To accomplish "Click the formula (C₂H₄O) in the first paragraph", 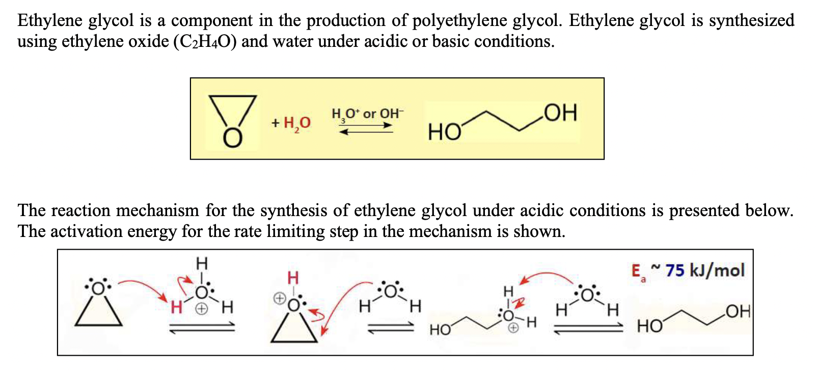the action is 205,41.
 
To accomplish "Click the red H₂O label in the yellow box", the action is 297,123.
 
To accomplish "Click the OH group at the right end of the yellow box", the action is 560,113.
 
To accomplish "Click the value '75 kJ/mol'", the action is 705,270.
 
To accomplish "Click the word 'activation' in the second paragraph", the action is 86,231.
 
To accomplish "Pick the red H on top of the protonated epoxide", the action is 293,278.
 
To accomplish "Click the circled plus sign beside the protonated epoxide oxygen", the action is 279,299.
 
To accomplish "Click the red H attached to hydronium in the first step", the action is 176,307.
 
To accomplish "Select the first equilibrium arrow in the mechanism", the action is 202,328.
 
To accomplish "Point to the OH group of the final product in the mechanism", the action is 738,311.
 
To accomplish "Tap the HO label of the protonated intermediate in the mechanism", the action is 441,330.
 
